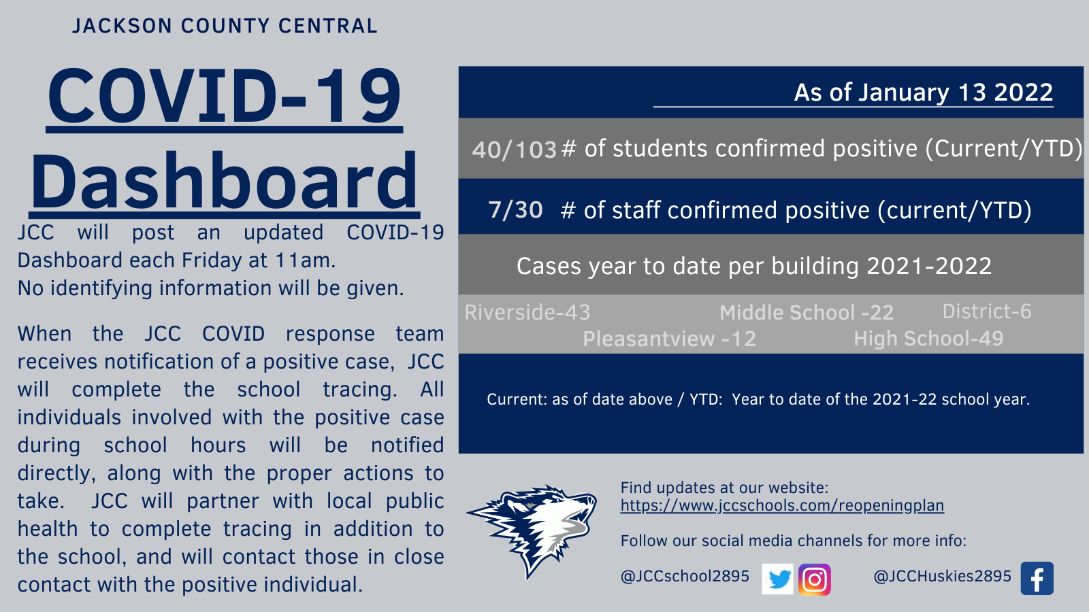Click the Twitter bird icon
coord(777,579)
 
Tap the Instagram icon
coord(814,579)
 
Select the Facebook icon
coord(1037,579)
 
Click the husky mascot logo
coord(532,531)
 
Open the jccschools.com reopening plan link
coord(782,506)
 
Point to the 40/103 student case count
coord(515,150)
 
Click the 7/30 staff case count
coord(515,210)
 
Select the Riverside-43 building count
coord(527,312)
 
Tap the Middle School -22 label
coord(807,313)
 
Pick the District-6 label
coord(987,311)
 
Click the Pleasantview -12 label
coord(670,339)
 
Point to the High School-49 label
coord(928,339)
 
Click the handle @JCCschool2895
coord(685,576)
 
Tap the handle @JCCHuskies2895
coord(942,576)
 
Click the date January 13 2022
coord(956,92)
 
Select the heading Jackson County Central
coord(225,27)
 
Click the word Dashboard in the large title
coord(224,181)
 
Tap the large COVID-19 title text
coord(225,96)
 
